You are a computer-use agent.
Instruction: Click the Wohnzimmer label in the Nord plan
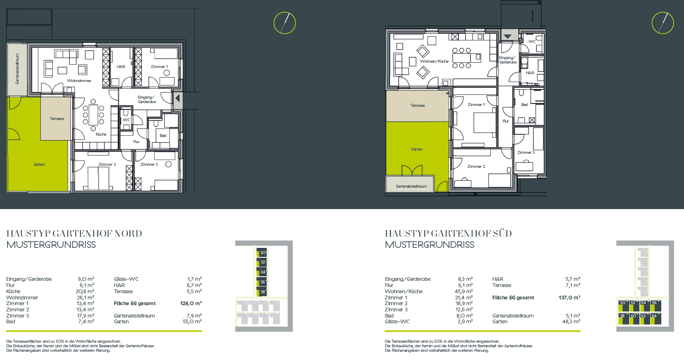click(79, 80)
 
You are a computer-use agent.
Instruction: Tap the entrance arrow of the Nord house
click(177, 99)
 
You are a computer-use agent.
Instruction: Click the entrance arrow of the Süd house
click(508, 37)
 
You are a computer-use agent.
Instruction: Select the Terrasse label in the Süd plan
click(417, 105)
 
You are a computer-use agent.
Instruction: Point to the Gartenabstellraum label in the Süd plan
click(411, 186)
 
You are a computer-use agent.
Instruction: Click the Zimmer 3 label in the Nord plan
click(107, 164)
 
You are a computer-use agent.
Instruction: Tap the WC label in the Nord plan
click(127, 120)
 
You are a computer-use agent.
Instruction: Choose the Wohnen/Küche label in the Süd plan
click(434, 61)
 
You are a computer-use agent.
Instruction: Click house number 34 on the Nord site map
click(263, 272)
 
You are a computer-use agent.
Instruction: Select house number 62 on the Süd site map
click(643, 316)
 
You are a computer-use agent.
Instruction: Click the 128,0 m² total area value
click(191, 304)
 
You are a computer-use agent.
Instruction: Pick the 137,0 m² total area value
click(569, 297)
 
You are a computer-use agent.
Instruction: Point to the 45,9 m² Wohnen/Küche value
click(463, 291)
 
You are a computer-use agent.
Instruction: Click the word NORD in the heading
click(128, 233)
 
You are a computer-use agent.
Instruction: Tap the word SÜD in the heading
click(502, 233)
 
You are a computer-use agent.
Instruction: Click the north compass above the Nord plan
click(284, 23)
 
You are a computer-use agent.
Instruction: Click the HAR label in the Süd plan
click(530, 73)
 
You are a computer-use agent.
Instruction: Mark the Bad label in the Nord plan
click(163, 136)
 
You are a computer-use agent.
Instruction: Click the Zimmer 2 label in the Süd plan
click(476, 167)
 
